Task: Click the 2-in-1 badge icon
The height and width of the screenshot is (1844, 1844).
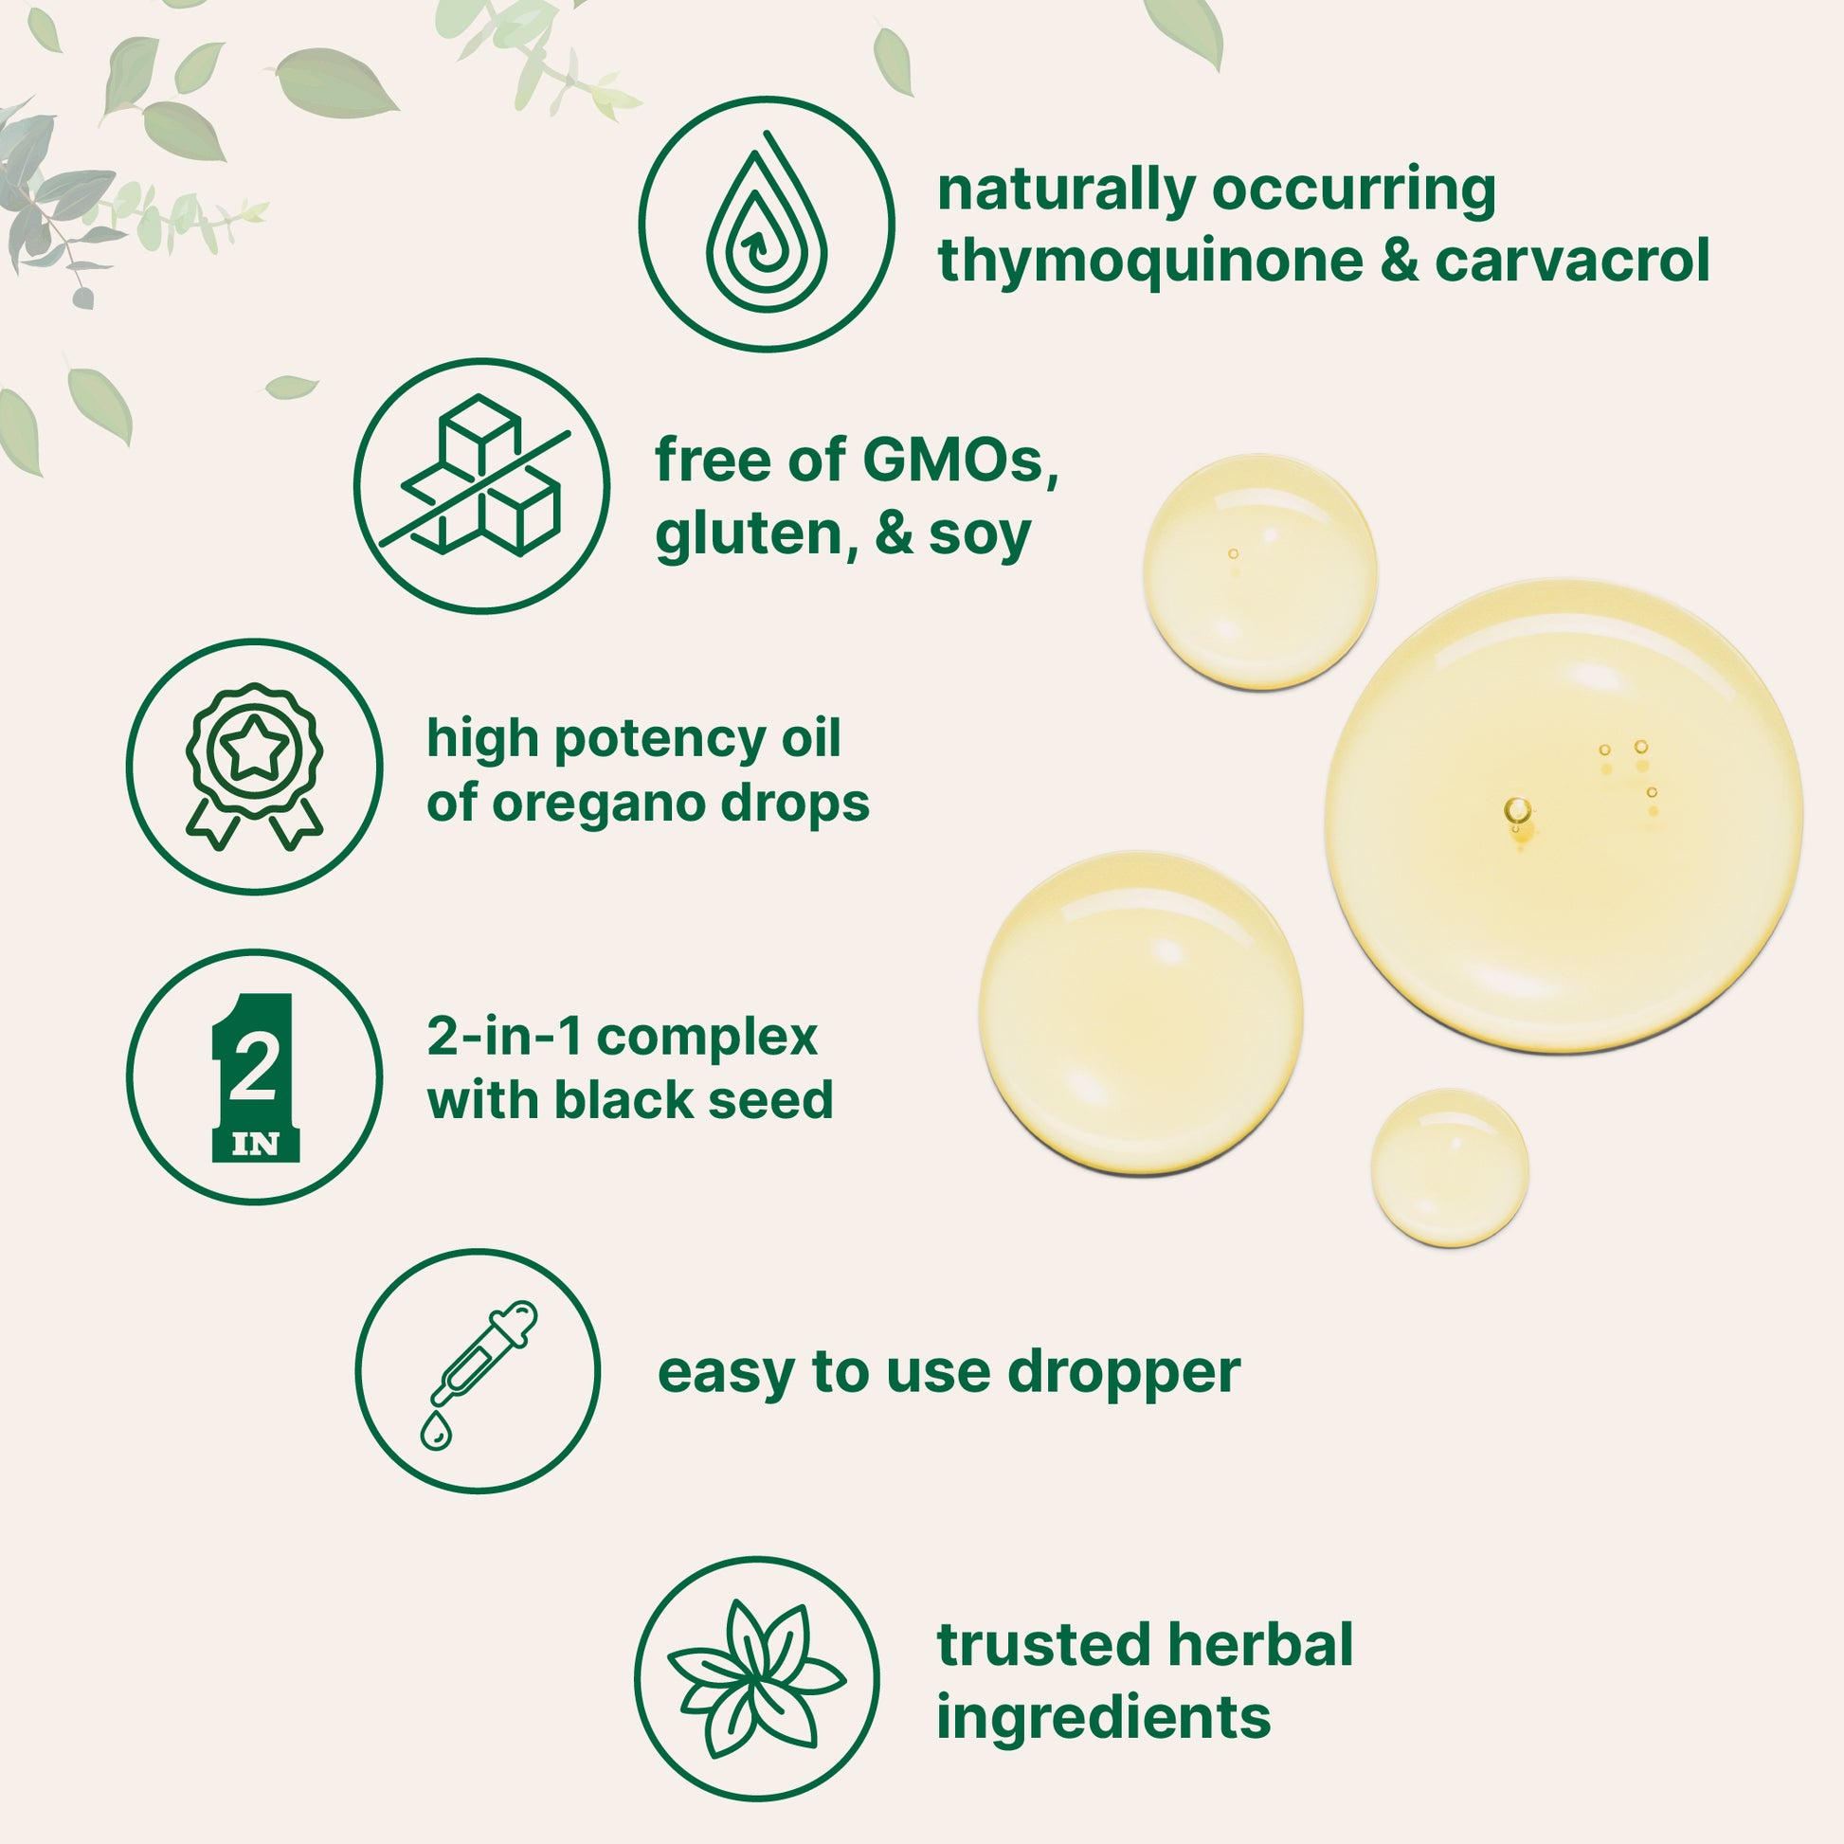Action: click(255, 1076)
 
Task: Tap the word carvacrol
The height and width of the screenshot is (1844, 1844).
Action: click(1572, 261)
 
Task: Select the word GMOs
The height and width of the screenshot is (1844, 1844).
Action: click(960, 461)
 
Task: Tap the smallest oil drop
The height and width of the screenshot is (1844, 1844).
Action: click(1449, 1168)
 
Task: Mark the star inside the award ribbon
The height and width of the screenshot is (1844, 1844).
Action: click(255, 750)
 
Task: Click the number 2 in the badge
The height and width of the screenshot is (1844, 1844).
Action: click(254, 1068)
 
